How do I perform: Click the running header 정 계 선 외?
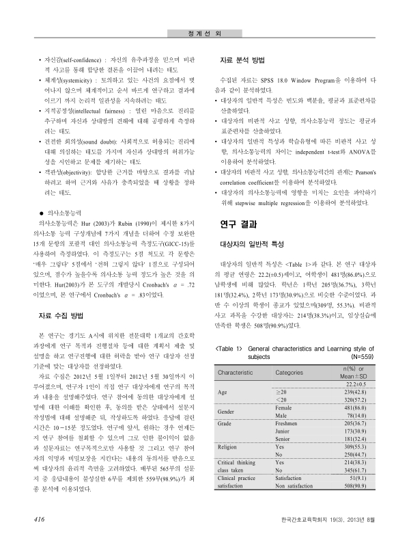coord(204,14)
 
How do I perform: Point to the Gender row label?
coord(227,412)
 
